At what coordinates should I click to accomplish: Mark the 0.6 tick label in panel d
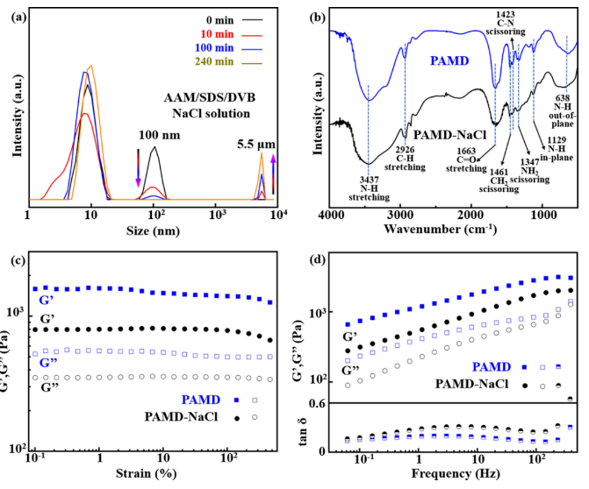coord(317,403)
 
